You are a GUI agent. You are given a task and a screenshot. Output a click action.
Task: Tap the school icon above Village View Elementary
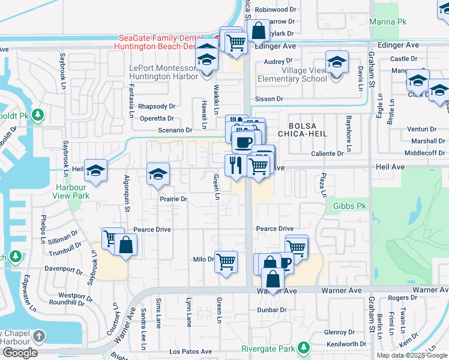click(337, 62)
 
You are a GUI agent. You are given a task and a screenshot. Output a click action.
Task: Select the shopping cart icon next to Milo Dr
click(226, 260)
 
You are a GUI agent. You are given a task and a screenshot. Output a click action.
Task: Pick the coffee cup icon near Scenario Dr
click(243, 142)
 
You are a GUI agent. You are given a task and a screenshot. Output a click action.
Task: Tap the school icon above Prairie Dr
click(158, 174)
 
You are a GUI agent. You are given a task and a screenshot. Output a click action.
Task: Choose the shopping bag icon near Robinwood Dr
click(258, 30)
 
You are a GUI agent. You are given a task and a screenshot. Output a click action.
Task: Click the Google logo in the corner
click(20, 352)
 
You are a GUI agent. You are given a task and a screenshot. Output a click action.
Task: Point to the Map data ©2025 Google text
click(411, 355)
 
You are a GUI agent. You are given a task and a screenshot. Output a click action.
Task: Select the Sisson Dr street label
click(268, 98)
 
